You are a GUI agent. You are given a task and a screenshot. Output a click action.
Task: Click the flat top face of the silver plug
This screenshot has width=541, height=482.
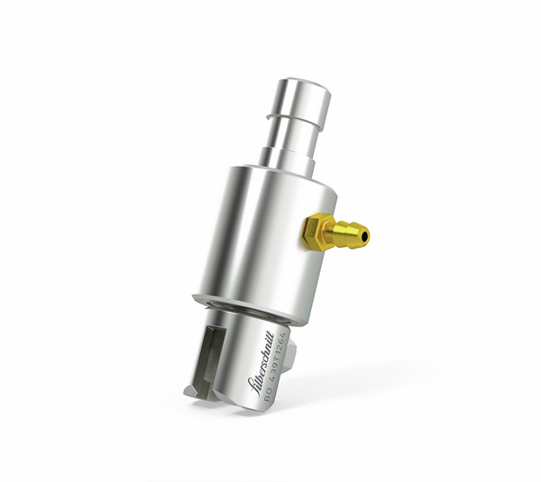pyautogui.click(x=307, y=85)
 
